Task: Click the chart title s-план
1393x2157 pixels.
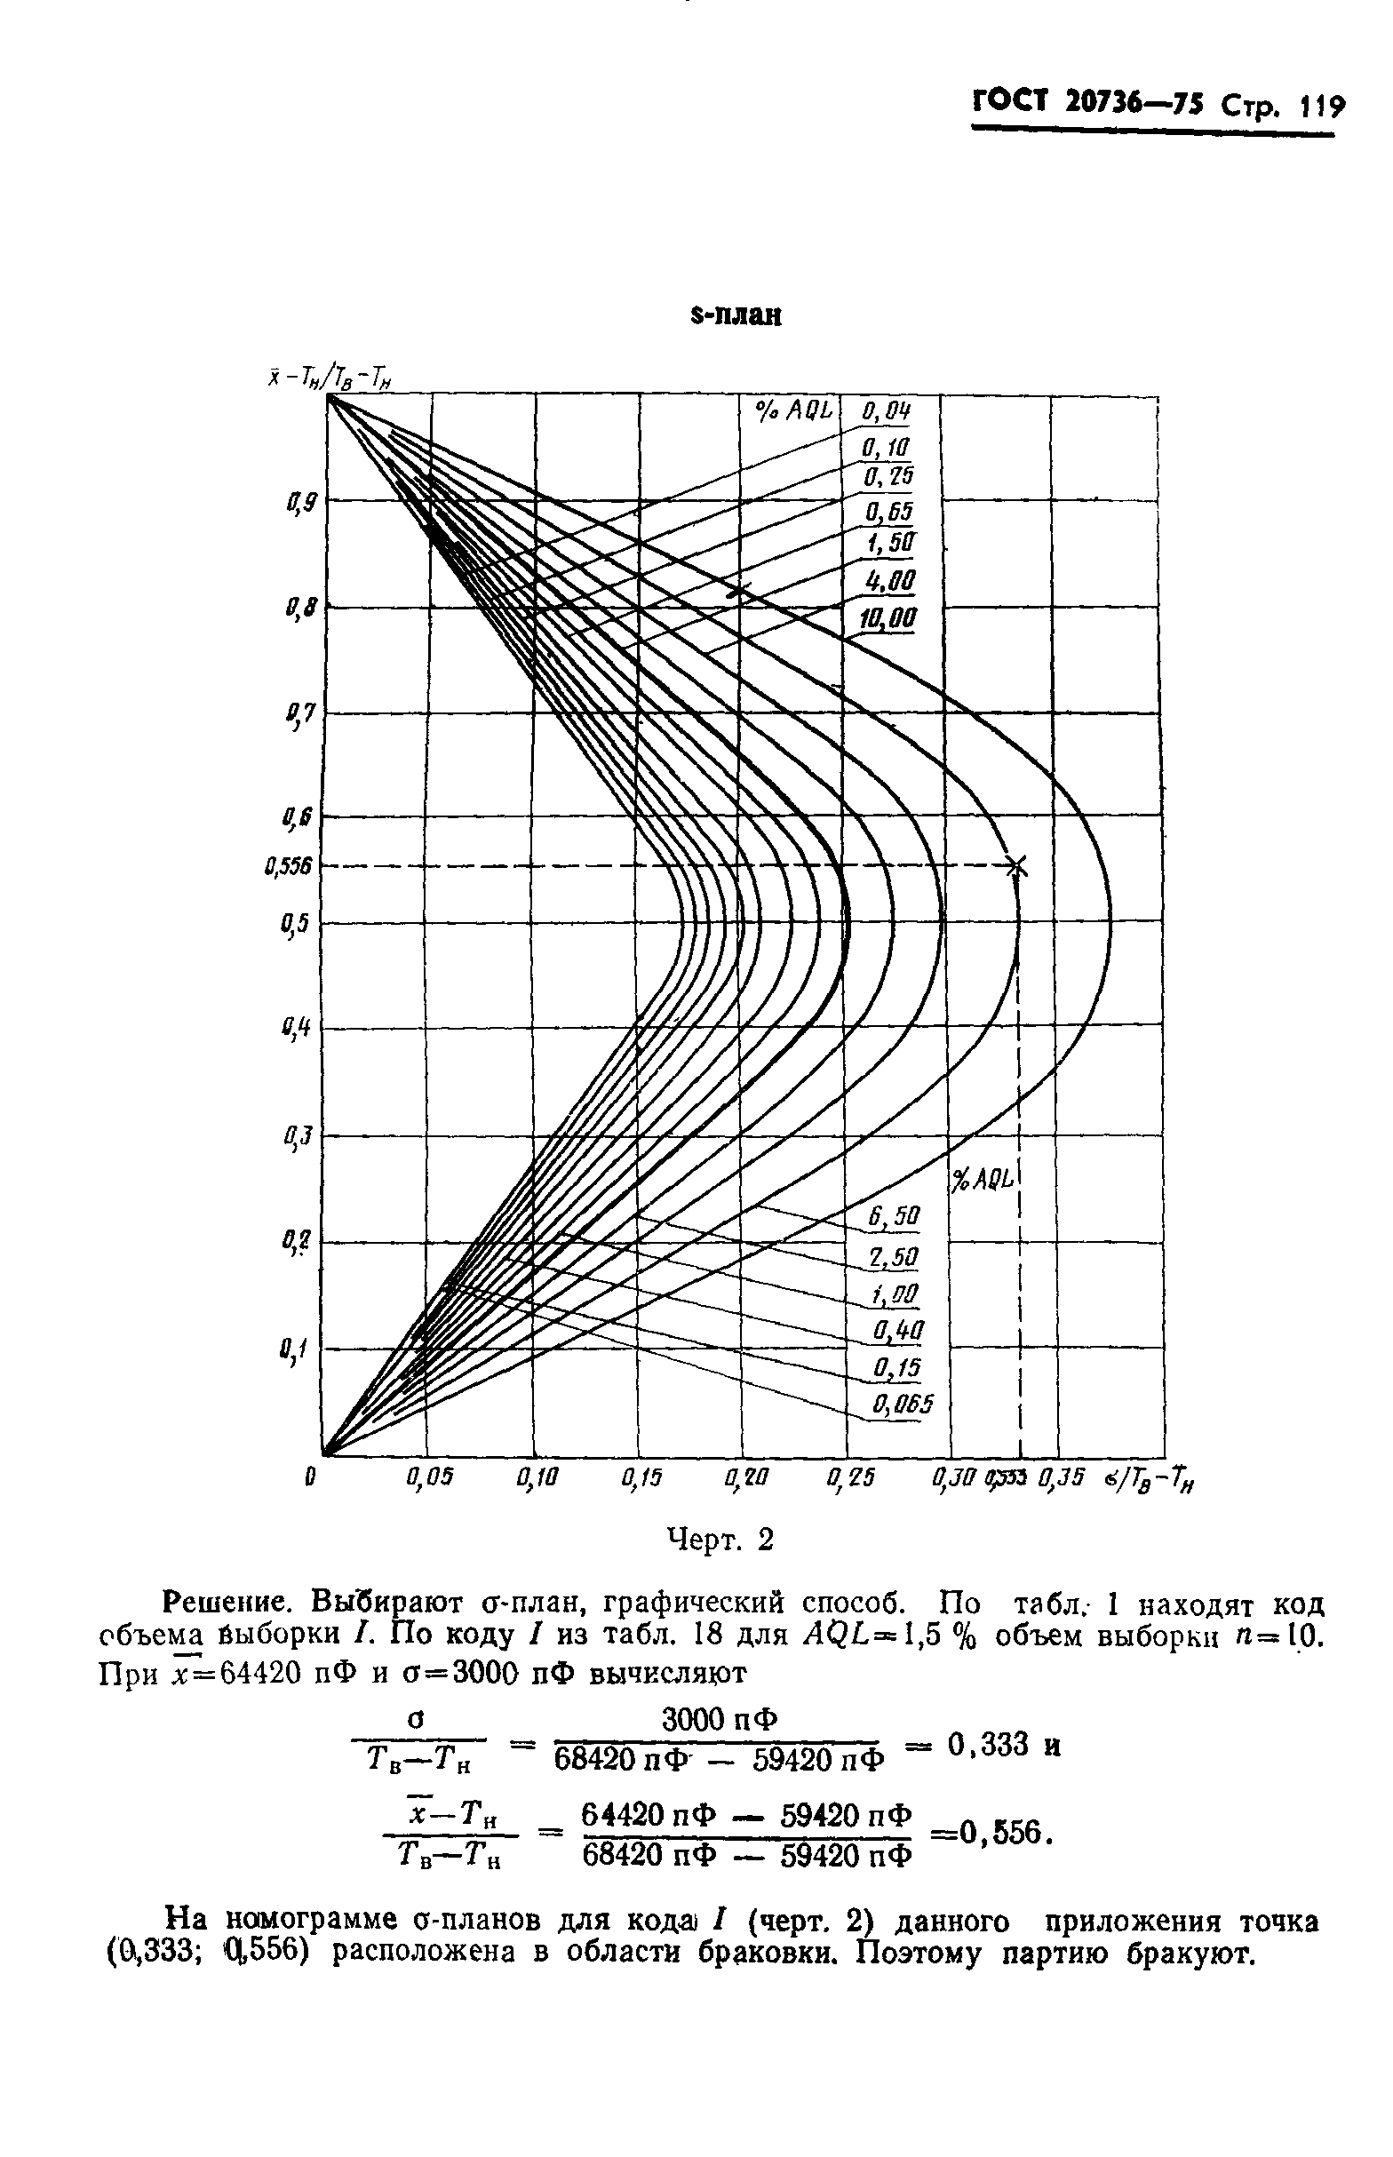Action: coord(735,316)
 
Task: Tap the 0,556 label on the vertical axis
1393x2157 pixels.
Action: coord(289,867)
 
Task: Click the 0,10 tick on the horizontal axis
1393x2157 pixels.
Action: coord(537,1479)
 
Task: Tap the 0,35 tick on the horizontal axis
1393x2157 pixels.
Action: coord(1061,1479)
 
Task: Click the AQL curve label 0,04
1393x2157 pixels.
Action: coord(887,412)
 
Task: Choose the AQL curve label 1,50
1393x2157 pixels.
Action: coord(890,545)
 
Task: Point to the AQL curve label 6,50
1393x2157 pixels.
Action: coord(893,1217)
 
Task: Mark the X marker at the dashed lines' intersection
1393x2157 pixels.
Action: coord(1017,866)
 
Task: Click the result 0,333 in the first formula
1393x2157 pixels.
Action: coord(991,1745)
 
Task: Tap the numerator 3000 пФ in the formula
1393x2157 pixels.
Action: coord(720,1718)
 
